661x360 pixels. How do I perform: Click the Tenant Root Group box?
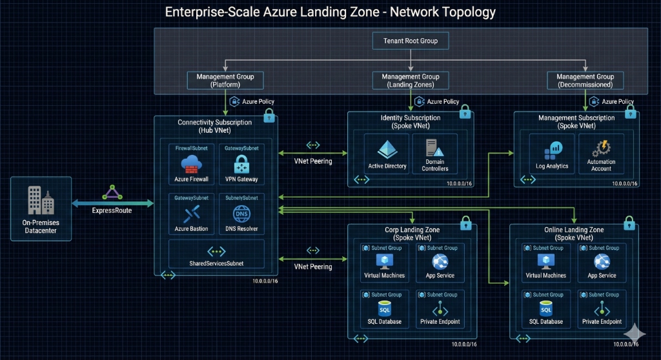click(411, 41)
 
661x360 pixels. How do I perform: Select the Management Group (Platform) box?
click(225, 80)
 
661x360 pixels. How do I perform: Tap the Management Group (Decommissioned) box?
click(586, 80)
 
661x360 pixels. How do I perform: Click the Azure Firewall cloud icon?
click(191, 164)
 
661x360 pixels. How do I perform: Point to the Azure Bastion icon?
click(191, 214)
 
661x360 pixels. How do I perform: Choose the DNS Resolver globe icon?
click(241, 214)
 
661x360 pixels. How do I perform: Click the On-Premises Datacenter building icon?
click(40, 201)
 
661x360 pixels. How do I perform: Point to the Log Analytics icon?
click(552, 151)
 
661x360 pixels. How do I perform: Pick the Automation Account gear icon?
click(601, 148)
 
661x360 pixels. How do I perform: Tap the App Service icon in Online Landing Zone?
click(602, 261)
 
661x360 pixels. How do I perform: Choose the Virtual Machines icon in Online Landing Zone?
click(545, 261)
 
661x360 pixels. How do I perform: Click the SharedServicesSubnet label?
click(216, 264)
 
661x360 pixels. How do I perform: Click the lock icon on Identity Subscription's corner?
click(464, 112)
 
